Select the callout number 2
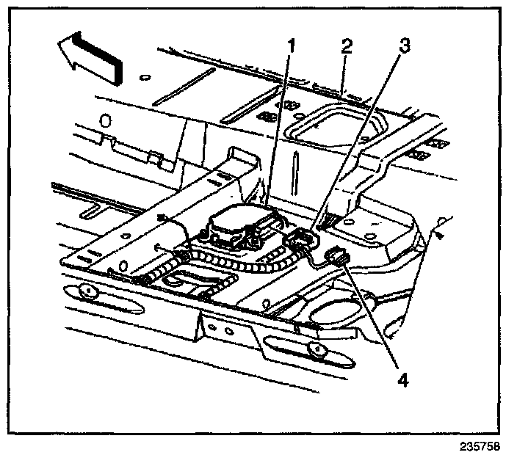click(x=344, y=45)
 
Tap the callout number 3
click(x=402, y=45)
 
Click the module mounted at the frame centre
click(x=237, y=225)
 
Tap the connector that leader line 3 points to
click(x=300, y=239)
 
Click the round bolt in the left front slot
click(x=87, y=292)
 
